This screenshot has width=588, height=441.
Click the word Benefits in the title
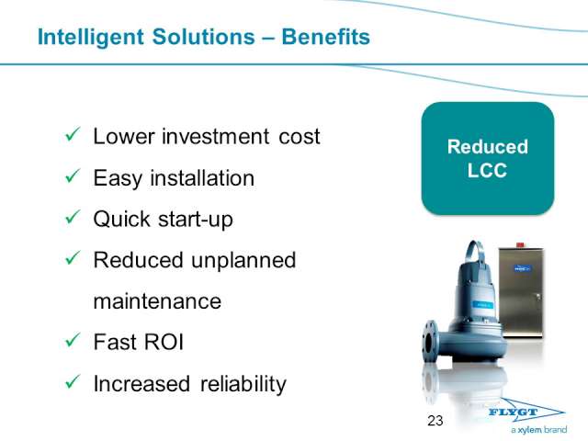point(325,37)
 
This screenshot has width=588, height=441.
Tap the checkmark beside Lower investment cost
point(73,134)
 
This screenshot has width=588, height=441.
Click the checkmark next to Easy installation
point(73,175)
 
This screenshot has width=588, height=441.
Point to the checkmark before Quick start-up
point(73,217)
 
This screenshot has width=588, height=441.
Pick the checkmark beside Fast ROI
point(73,340)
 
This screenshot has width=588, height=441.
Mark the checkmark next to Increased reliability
point(73,382)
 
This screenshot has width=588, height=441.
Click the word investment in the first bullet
point(215,136)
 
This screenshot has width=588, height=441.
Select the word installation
point(202,177)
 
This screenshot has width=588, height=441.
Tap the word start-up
point(196,220)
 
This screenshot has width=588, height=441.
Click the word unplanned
point(243,261)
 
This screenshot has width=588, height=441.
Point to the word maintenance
point(157,302)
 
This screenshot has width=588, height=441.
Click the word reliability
point(243,384)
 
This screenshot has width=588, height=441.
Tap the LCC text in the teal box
point(487,170)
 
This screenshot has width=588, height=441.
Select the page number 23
point(435,421)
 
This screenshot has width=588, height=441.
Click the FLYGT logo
point(526,413)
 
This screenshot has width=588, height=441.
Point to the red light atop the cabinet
point(520,245)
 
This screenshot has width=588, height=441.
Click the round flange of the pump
point(429,341)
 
